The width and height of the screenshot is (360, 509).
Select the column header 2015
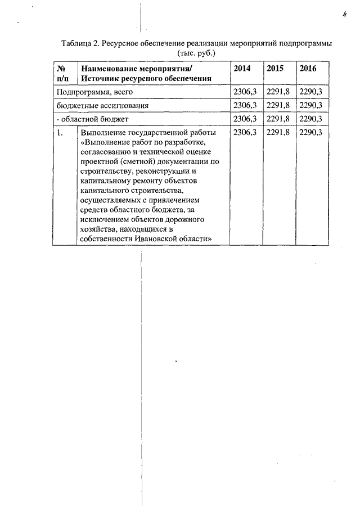[x=274, y=68]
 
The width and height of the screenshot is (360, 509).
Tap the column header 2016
[x=308, y=68]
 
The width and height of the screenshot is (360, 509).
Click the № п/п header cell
[x=63, y=73]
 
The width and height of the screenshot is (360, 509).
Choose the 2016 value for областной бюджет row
[x=311, y=119]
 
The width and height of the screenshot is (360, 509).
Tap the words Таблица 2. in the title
[x=80, y=43]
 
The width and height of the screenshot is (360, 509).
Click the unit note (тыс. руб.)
[x=196, y=53]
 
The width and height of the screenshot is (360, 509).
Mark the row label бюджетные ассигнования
[x=101, y=105]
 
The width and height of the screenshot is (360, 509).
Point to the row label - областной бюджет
[x=93, y=119]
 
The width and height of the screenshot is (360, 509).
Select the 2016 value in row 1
[x=311, y=133]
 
